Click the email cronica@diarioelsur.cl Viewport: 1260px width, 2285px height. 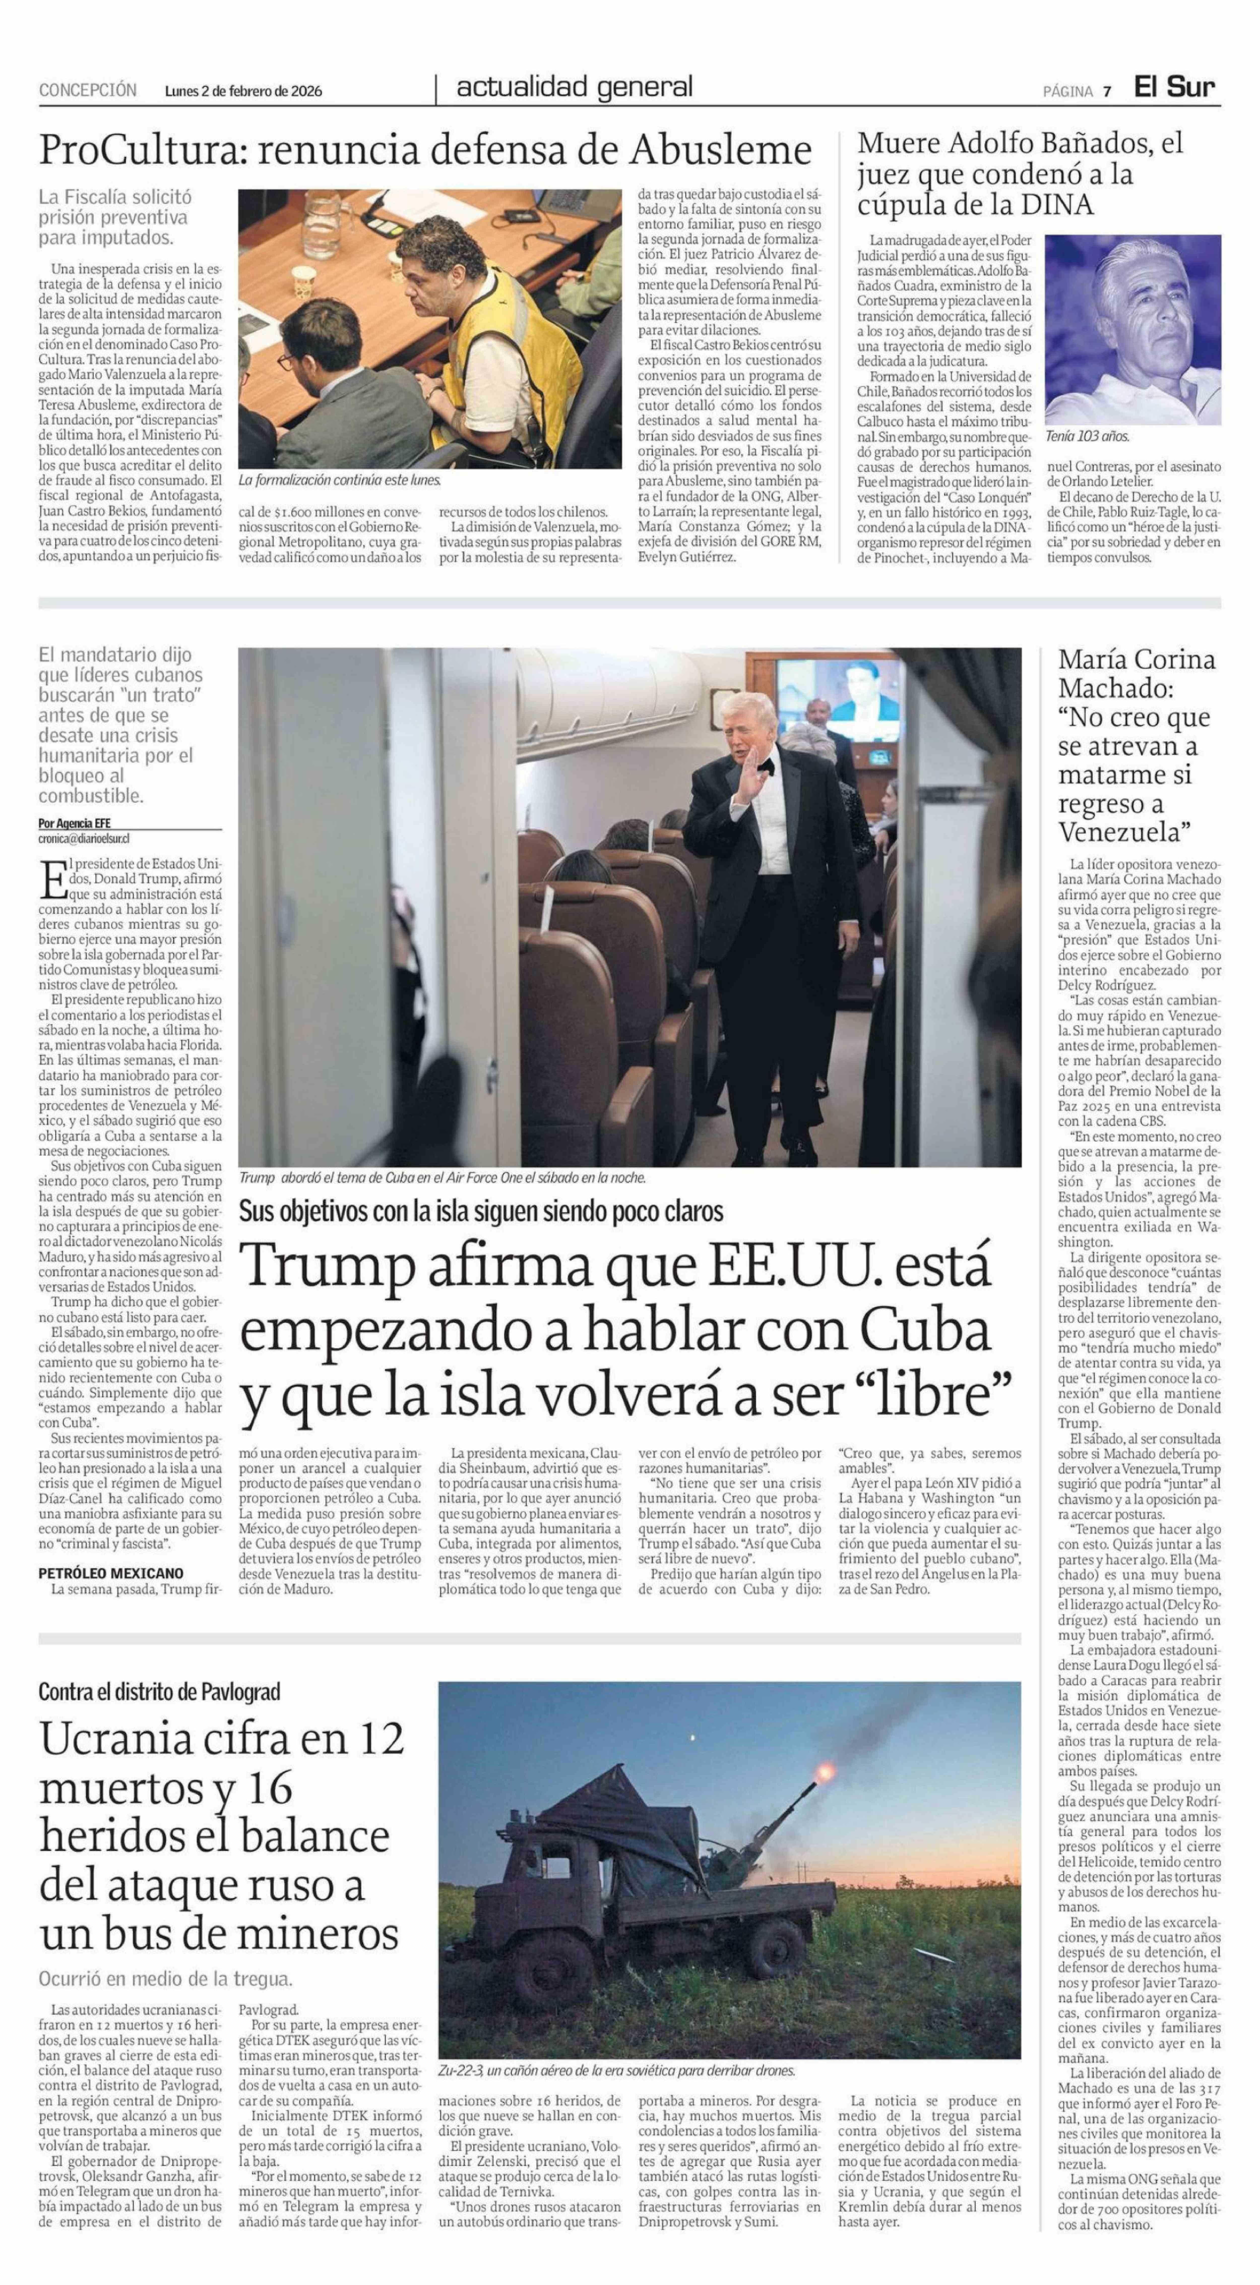point(84,837)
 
